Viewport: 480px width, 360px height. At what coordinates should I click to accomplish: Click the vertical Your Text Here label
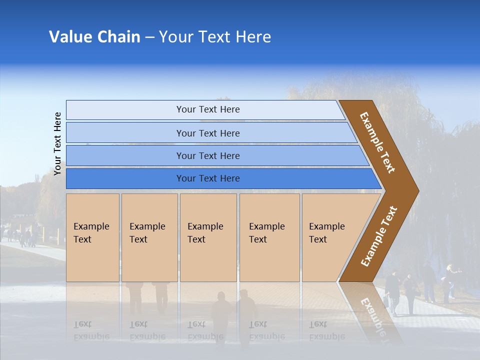pyautogui.click(x=57, y=143)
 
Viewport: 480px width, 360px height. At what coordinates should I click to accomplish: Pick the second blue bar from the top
pyautogui.click(x=207, y=133)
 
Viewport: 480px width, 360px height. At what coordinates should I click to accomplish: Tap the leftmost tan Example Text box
pyautogui.click(x=92, y=237)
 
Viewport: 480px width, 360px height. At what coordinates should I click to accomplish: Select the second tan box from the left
pyautogui.click(x=149, y=237)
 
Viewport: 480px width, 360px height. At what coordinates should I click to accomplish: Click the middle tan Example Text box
pyautogui.click(x=208, y=237)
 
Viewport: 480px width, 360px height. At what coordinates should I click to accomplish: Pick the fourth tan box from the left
pyautogui.click(x=269, y=237)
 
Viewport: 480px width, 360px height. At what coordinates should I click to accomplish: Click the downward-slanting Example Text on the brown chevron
pyautogui.click(x=377, y=142)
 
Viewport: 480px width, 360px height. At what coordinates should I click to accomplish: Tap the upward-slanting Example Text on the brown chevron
pyautogui.click(x=379, y=236)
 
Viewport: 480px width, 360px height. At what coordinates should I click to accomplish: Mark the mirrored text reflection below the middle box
pyautogui.click(x=205, y=330)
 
